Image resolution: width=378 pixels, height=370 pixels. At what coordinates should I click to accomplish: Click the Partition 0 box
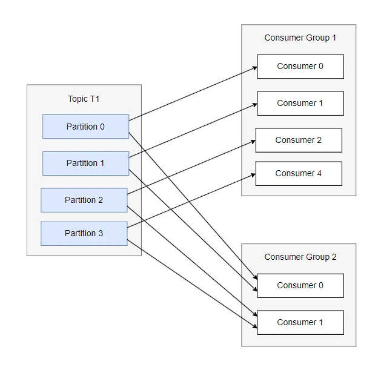tap(86, 127)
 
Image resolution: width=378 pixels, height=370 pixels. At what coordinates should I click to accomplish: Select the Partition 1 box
tap(86, 163)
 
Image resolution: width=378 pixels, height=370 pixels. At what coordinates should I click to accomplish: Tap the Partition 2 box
tap(84, 200)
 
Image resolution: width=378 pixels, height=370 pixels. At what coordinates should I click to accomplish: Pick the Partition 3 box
tap(84, 234)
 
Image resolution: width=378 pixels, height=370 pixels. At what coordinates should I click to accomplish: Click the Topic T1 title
tap(84, 99)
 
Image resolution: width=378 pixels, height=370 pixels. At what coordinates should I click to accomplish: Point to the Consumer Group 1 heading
tap(300, 38)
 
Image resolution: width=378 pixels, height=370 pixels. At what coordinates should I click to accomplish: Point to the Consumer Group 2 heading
tap(300, 257)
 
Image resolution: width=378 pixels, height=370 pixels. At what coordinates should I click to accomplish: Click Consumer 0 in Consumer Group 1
tap(300, 67)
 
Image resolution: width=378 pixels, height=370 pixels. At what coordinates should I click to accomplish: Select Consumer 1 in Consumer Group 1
tap(300, 104)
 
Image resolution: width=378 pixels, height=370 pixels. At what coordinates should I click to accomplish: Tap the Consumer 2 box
tap(299, 140)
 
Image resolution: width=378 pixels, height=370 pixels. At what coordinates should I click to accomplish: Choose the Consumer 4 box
tap(299, 174)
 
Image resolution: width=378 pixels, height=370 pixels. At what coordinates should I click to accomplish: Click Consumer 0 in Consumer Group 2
tap(300, 286)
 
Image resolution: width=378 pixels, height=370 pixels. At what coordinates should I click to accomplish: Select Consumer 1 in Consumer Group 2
tap(300, 323)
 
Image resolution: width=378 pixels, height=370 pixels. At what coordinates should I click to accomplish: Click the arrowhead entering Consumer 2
tap(253, 142)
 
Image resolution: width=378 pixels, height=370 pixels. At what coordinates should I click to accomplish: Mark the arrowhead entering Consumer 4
tap(253, 175)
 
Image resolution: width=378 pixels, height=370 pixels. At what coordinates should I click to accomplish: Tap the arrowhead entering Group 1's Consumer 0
tap(255, 68)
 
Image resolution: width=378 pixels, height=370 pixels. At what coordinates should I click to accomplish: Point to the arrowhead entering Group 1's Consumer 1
tap(255, 105)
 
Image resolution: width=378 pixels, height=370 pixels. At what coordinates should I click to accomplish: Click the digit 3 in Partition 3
tap(101, 233)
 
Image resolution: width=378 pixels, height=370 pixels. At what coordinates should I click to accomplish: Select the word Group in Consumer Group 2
tap(317, 257)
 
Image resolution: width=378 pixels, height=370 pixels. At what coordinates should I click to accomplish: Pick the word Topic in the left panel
tap(78, 99)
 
